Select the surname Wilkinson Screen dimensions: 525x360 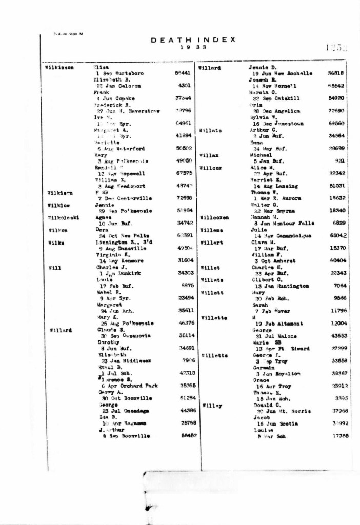(59, 67)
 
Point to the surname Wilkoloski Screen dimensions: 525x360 (61, 217)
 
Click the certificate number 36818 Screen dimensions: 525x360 (335, 73)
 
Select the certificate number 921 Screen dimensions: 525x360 (339, 160)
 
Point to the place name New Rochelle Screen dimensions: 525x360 (290, 73)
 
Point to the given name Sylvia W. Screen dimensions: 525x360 (262, 117)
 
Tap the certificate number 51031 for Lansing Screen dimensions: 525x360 (336, 186)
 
